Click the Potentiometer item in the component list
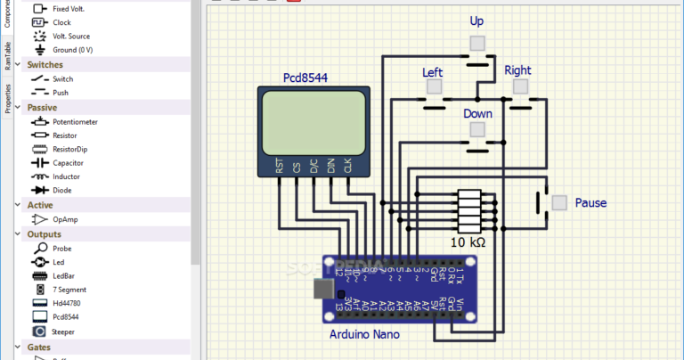[74, 121]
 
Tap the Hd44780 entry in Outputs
[69, 303]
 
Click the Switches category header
[45, 64]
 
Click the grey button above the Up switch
[477, 43]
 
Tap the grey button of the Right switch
[519, 86]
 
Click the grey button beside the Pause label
[558, 202]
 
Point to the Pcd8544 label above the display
[305, 78]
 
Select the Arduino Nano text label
[364, 334]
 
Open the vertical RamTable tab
[7, 56]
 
